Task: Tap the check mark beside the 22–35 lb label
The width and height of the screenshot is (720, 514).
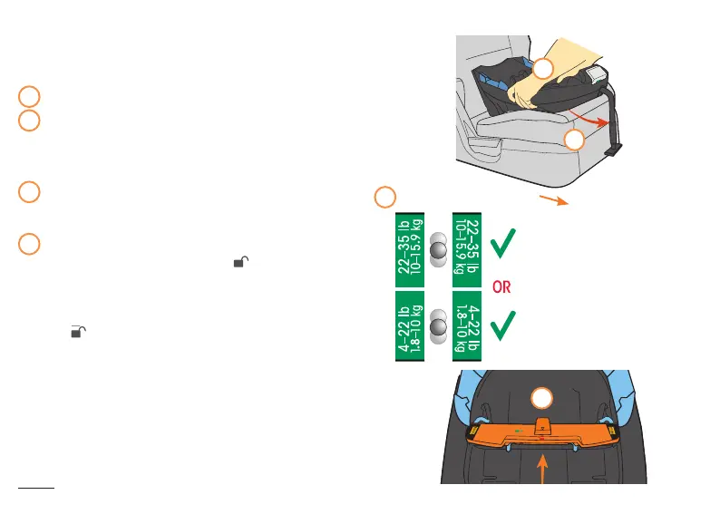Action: pyautogui.click(x=505, y=242)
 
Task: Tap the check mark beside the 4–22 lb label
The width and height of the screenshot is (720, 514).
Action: pyautogui.click(x=505, y=328)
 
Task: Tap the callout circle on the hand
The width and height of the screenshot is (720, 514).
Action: pyautogui.click(x=542, y=69)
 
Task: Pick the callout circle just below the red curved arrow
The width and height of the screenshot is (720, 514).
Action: pyautogui.click(x=574, y=139)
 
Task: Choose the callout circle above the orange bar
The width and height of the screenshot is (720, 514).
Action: pyautogui.click(x=541, y=398)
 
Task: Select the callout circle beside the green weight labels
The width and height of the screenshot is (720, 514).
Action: pyautogui.click(x=385, y=197)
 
